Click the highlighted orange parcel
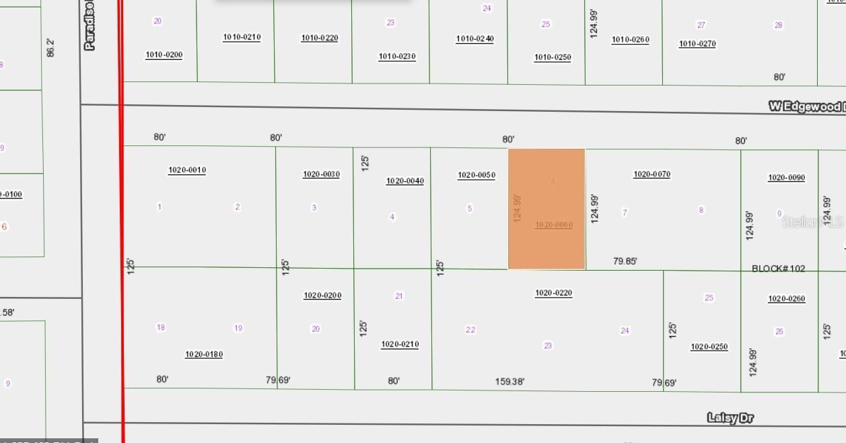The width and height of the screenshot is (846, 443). click(546, 209)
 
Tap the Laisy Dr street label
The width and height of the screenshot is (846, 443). click(730, 418)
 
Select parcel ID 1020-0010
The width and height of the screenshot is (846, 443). click(187, 170)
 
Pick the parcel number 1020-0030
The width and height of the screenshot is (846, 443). click(321, 174)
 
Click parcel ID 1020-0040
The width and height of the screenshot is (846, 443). click(404, 181)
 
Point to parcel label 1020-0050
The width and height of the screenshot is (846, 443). click(477, 176)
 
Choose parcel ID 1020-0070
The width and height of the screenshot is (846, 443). click(651, 174)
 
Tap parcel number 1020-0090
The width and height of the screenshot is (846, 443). click(786, 178)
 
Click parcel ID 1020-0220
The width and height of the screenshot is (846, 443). click(553, 293)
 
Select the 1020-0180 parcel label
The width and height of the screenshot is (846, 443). click(204, 354)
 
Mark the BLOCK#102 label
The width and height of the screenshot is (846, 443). click(778, 269)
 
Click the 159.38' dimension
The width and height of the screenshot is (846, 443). click(509, 382)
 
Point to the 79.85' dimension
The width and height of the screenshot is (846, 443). click(625, 261)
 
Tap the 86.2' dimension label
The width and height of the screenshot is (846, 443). click(50, 47)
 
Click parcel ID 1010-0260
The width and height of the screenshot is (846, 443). click(630, 40)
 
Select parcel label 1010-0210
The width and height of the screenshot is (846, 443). click(242, 37)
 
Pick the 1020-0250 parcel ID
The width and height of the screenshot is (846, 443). click(709, 347)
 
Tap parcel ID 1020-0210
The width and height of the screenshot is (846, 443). click(400, 344)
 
